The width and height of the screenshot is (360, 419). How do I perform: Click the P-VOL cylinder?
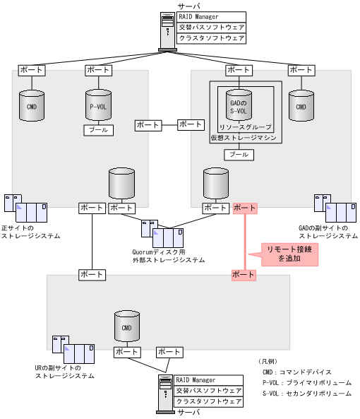[x=97, y=107]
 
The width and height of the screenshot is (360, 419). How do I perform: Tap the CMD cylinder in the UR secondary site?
[x=127, y=327]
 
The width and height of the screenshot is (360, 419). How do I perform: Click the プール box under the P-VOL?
[x=97, y=131]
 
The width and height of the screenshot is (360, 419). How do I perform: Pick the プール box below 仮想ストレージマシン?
[x=239, y=154]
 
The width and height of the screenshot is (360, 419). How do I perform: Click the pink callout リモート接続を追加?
[x=289, y=254]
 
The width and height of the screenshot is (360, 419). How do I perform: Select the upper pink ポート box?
[x=244, y=208]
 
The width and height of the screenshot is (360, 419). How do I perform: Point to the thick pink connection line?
[x=244, y=240]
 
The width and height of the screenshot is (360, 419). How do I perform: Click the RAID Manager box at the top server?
[x=211, y=17]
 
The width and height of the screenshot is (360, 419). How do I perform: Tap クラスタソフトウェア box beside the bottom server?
[x=208, y=401]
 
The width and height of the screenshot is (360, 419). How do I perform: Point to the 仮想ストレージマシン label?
[x=243, y=138]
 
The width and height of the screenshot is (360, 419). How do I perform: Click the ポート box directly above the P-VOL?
[x=97, y=70]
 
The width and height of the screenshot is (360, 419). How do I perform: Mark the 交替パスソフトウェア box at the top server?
[x=211, y=28]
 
